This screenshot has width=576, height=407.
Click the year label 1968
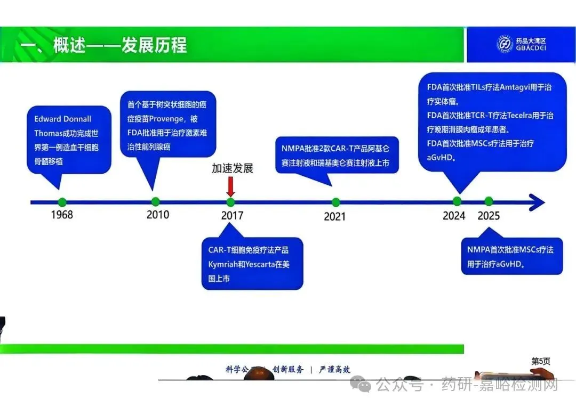pos(62,215)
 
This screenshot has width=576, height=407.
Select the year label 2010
pos(158,214)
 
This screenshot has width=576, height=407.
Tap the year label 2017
pos(232,215)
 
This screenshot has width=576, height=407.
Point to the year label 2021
pos(334,216)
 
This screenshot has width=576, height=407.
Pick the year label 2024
pos(454,216)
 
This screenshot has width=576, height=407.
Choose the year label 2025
pos(489,216)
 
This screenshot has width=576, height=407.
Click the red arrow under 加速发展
pos(230,186)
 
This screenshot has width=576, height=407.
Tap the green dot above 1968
pos(62,202)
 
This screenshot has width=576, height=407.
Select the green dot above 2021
pos(335,202)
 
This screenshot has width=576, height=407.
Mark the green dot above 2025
pos(489,201)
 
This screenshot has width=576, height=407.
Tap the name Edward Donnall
pos(63,119)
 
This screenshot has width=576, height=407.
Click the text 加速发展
pos(232,168)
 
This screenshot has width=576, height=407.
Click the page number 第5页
pos(540,361)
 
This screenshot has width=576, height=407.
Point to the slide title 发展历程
pos(155,45)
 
